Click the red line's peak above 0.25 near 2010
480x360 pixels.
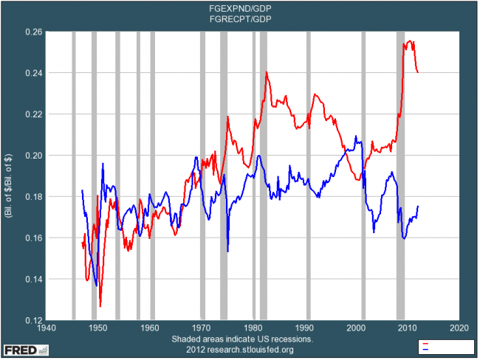(410, 42)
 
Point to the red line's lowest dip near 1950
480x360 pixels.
(100, 305)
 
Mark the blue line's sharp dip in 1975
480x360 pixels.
(227, 252)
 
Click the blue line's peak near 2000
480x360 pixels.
(356, 136)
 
